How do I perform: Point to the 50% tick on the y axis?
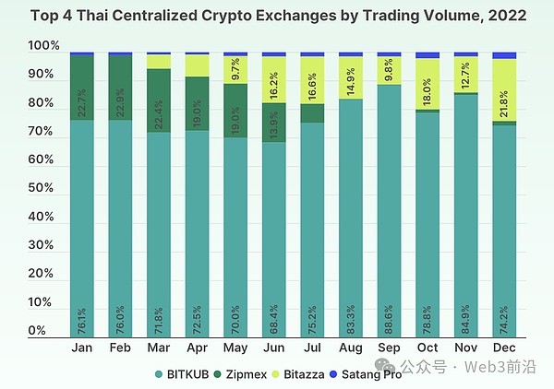pyautogui.click(x=44, y=188)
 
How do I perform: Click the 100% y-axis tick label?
pyautogui.click(x=42, y=46)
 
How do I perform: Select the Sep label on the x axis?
pyautogui.click(x=390, y=348)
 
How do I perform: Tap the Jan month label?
pyautogui.click(x=82, y=348)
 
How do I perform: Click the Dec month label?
pyautogui.click(x=504, y=348)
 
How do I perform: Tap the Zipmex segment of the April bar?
pyautogui.click(x=198, y=103)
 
